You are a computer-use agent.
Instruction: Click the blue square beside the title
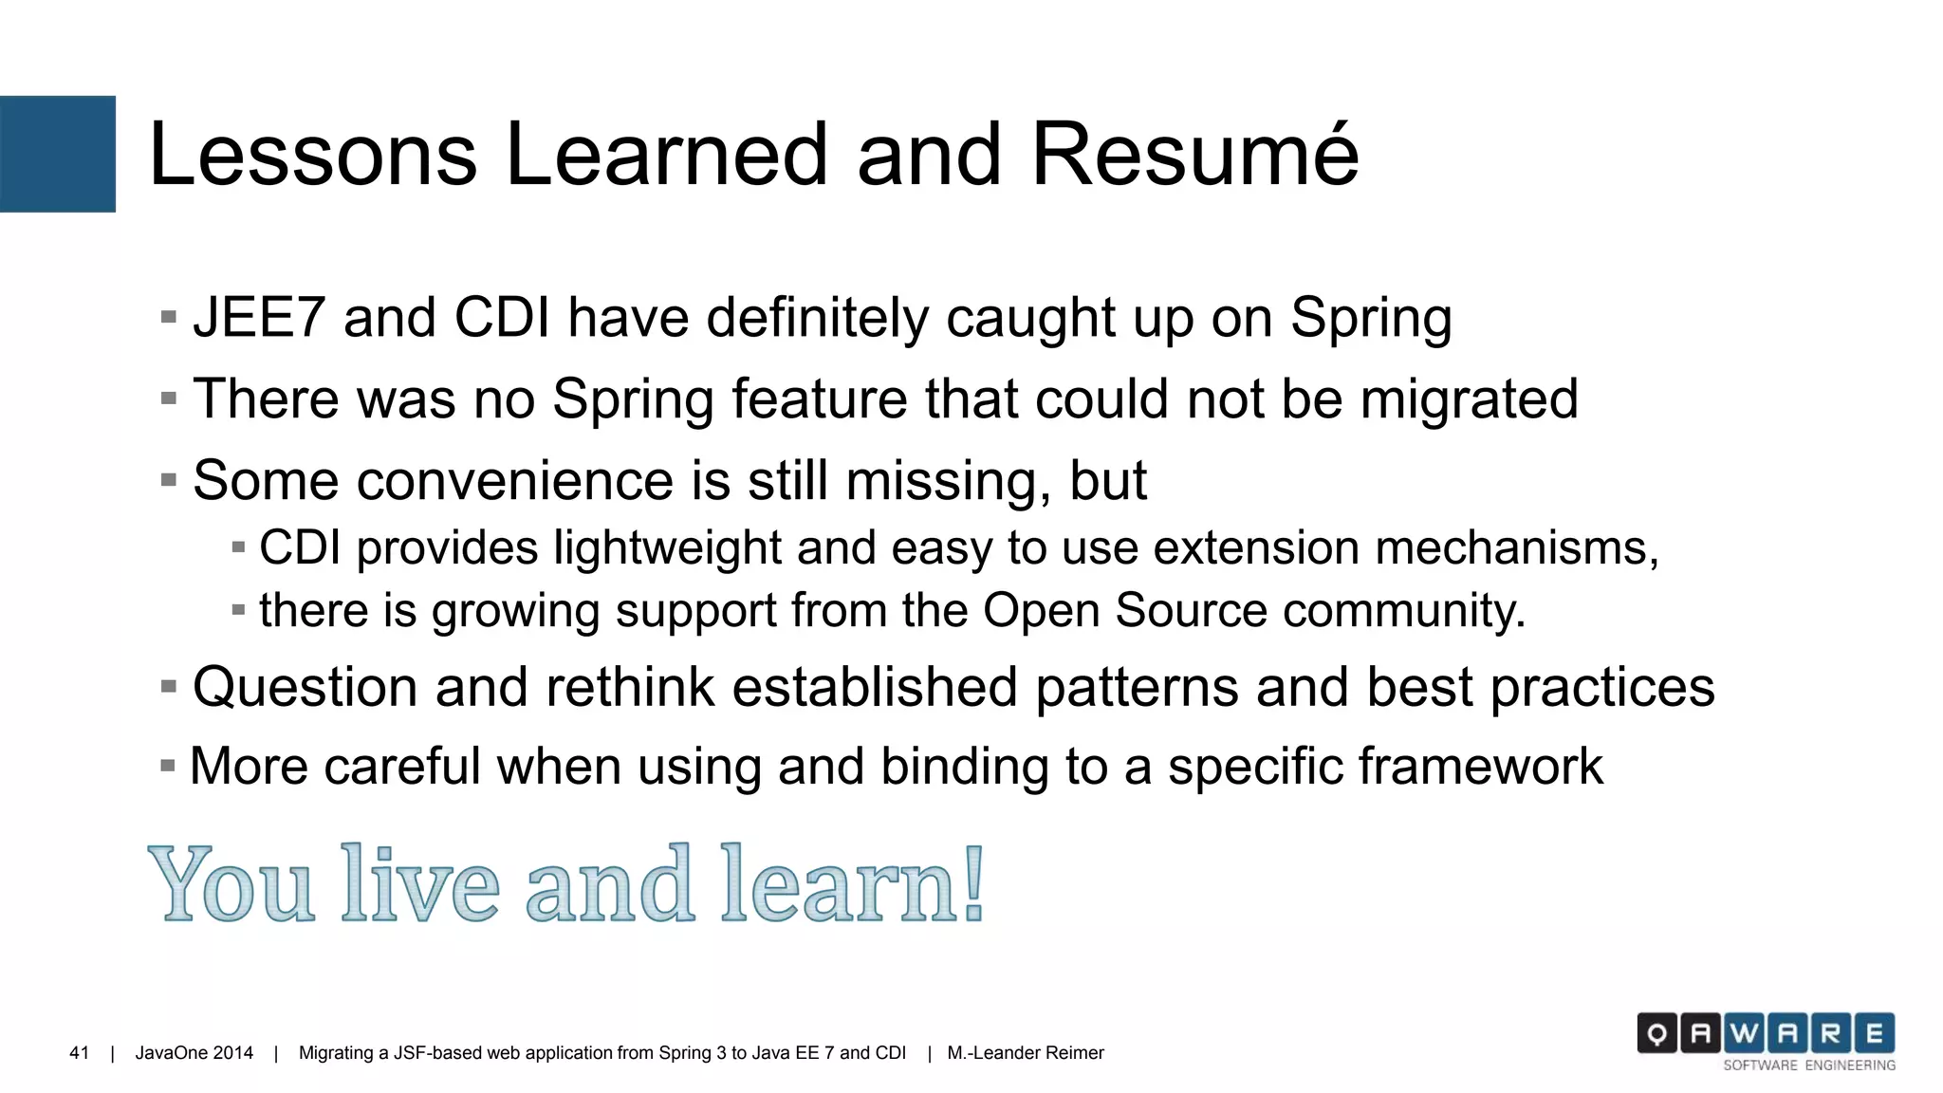[x=57, y=154]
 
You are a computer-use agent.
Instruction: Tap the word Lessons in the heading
[x=313, y=155]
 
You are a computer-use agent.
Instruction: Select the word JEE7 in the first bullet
[x=259, y=318]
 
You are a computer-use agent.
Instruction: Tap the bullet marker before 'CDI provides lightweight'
[x=238, y=547]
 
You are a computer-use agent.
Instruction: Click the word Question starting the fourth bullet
[x=305, y=688]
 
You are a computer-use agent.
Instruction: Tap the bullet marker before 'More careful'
[x=168, y=766]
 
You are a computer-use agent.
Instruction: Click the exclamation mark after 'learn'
[x=972, y=883]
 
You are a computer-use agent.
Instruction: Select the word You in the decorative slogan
[x=231, y=885]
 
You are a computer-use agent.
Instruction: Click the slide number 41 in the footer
[x=80, y=1053]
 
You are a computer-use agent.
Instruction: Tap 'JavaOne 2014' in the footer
[x=194, y=1053]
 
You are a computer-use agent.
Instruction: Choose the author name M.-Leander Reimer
[x=1025, y=1053]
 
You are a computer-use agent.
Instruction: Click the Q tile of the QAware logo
[x=1656, y=1033]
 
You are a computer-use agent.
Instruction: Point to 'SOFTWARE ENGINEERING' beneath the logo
[x=1808, y=1065]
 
